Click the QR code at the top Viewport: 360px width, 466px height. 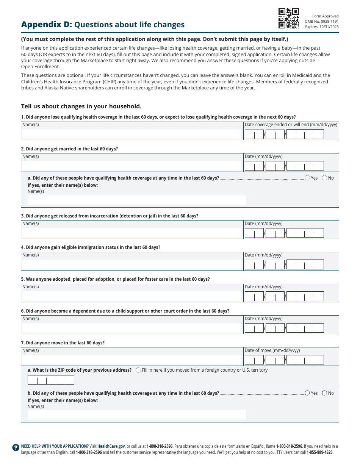click(289, 18)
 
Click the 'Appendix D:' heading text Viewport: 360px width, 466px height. click(46, 25)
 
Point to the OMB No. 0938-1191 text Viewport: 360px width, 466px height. click(321, 22)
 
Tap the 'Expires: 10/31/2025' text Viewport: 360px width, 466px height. click(322, 27)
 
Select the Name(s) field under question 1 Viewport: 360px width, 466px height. click(132, 134)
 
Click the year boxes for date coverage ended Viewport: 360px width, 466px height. click(305, 134)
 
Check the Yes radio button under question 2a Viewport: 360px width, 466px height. click(307, 178)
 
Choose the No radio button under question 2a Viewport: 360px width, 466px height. click(324, 178)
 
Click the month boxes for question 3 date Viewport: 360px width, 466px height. click(254, 233)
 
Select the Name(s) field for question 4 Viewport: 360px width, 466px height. click(132, 264)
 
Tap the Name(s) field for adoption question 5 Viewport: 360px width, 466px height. click(132, 296)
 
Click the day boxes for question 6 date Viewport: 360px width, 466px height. click(275, 328)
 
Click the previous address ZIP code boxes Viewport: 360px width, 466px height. click(51, 380)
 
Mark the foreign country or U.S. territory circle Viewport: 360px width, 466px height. click(138, 370)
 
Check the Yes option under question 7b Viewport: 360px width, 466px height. click(307, 393)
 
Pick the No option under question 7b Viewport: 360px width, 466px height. click(324, 393)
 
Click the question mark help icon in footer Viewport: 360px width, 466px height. click(16, 447)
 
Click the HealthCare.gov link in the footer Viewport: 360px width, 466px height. click(111, 446)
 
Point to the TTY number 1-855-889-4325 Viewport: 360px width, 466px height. click(319, 452)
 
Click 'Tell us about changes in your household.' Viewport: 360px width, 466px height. click(81, 106)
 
